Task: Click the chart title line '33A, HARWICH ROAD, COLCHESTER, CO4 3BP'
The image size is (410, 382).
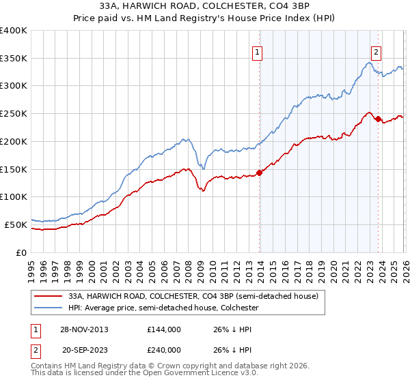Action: [204, 7]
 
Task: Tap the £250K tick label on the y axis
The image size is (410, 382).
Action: [14, 114]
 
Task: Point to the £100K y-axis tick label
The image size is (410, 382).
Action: [14, 197]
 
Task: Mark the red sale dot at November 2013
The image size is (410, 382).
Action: [259, 173]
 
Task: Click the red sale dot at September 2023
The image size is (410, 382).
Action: [378, 119]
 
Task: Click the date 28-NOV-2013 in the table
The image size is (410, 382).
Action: [84, 329]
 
